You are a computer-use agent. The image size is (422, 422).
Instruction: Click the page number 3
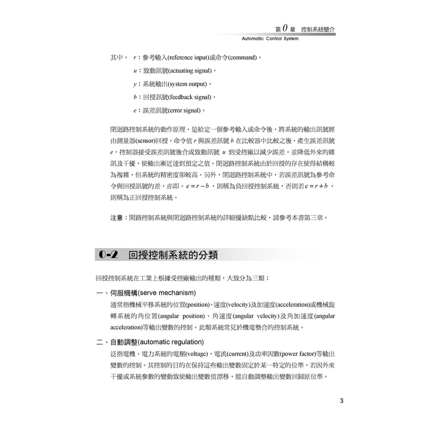[342, 401]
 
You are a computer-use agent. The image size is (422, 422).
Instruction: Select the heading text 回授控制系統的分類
[173, 255]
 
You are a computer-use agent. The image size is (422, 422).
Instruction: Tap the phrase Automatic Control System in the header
[270, 39]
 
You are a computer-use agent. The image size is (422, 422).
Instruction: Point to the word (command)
[242, 58]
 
